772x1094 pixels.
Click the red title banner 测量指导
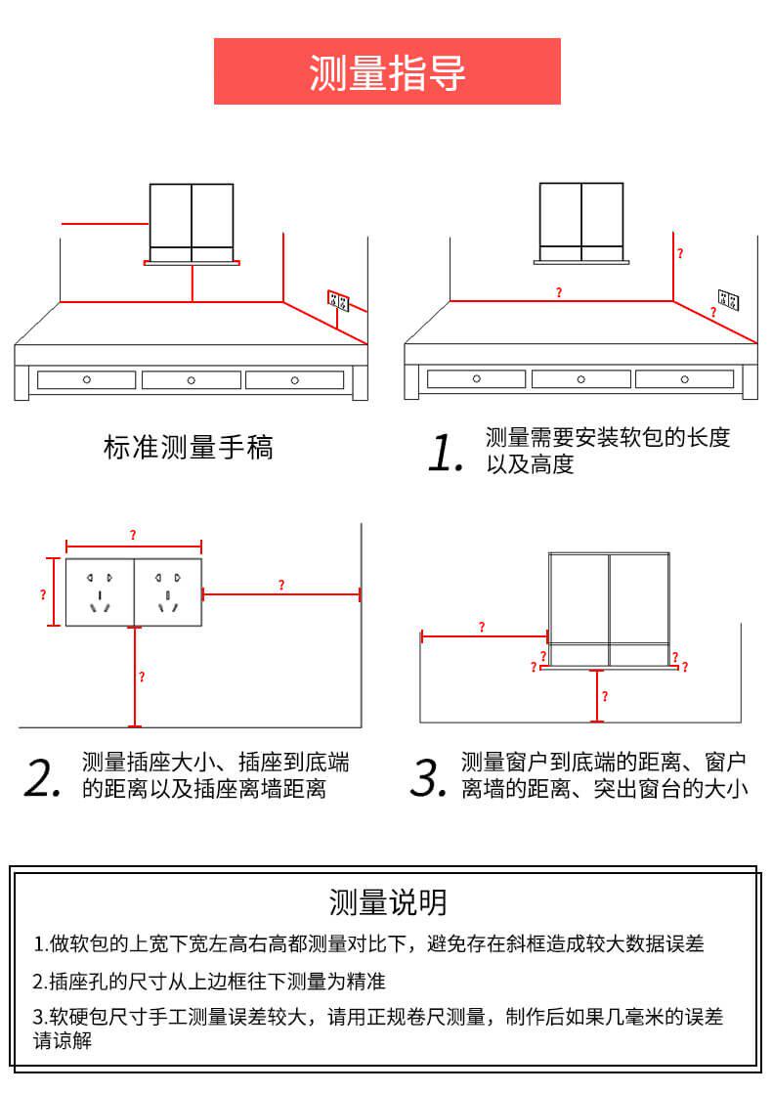tap(387, 71)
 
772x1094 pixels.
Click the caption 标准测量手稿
tap(188, 448)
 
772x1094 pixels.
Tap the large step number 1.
tap(446, 453)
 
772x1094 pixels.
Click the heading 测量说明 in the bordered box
tap(388, 901)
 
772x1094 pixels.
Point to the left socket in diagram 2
tap(100, 592)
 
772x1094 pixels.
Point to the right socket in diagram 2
tap(167, 592)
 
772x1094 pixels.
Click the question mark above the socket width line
tap(133, 535)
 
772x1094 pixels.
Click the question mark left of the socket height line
tap(43, 593)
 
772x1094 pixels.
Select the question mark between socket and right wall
tap(281, 585)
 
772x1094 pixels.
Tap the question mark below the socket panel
tap(142, 677)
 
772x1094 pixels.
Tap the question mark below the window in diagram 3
tap(605, 696)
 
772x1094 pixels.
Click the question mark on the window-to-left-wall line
tap(481, 627)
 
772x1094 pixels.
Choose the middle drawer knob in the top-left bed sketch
tap(192, 379)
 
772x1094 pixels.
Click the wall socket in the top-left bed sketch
tap(337, 298)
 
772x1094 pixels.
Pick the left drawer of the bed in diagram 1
tap(477, 379)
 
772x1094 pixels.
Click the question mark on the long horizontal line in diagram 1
tap(559, 292)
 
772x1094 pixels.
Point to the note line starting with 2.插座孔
tap(210, 981)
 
